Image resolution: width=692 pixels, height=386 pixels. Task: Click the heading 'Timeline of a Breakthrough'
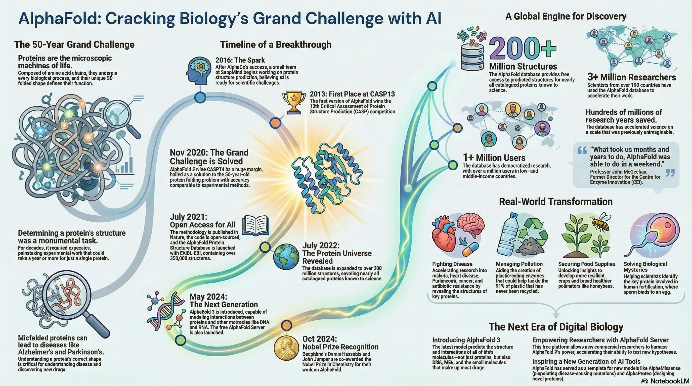(276, 44)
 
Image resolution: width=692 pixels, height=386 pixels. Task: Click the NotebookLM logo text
(667, 381)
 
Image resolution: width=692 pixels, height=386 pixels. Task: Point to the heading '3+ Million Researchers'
(631, 77)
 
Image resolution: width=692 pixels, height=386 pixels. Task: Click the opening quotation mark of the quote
(582, 151)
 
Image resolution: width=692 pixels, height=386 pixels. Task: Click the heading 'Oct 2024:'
(319, 339)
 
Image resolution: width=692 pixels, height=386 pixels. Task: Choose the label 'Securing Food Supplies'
(587, 264)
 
